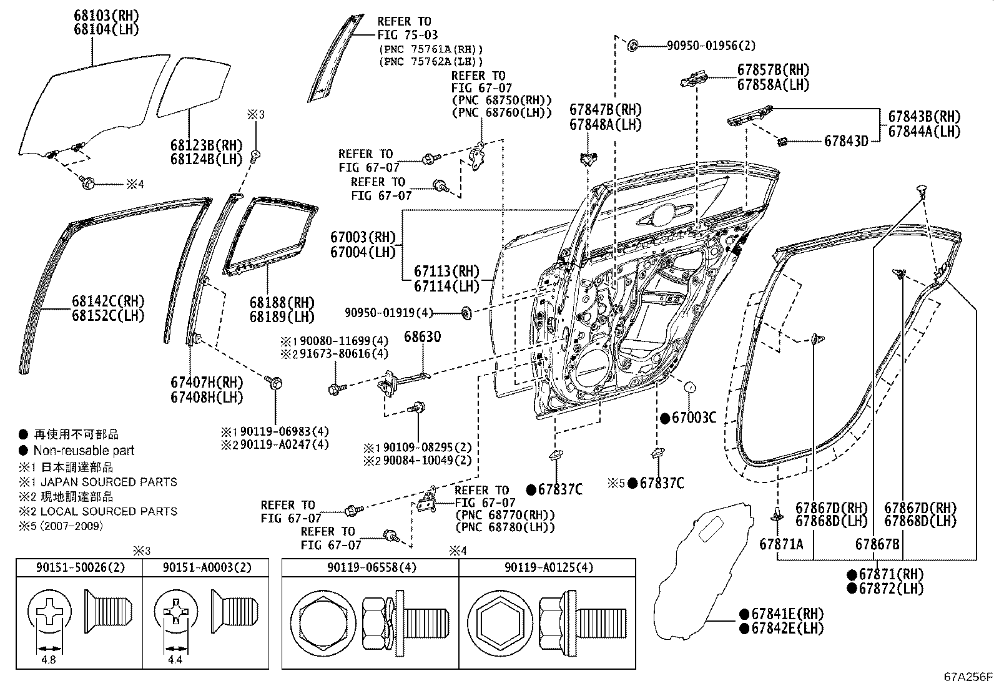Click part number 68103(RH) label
coord(107,16)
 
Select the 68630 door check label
coord(422,337)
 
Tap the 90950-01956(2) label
coord(711,46)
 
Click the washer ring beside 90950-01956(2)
coord(631,45)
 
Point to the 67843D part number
coord(846,141)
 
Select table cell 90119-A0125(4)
coord(548,567)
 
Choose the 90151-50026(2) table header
coord(79,567)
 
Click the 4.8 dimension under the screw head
coord(49,659)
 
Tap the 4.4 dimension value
coord(175,659)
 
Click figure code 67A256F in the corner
coord(967,677)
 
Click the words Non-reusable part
coord(84,450)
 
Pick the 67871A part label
coord(781,544)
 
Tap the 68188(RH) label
coord(282,303)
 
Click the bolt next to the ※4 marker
coord(88,183)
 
